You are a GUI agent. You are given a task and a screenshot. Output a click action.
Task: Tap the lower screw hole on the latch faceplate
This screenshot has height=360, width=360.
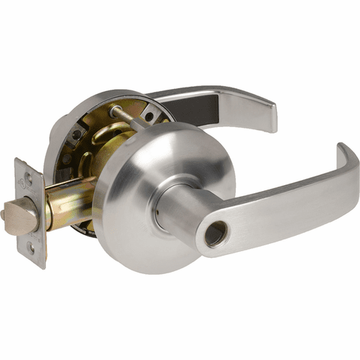tap(32, 248)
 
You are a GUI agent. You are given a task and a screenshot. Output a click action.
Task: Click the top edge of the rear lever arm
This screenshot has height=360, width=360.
tap(213, 90)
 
